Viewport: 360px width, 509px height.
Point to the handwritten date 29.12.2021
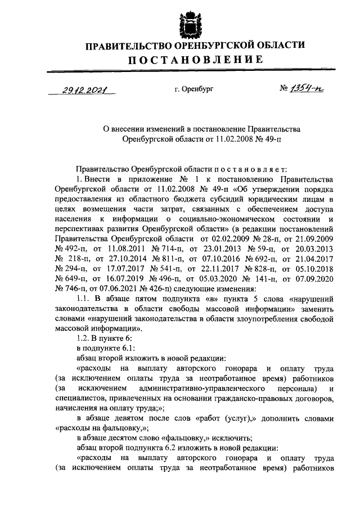(x=85, y=89)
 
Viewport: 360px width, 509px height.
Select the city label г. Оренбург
(x=195, y=88)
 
